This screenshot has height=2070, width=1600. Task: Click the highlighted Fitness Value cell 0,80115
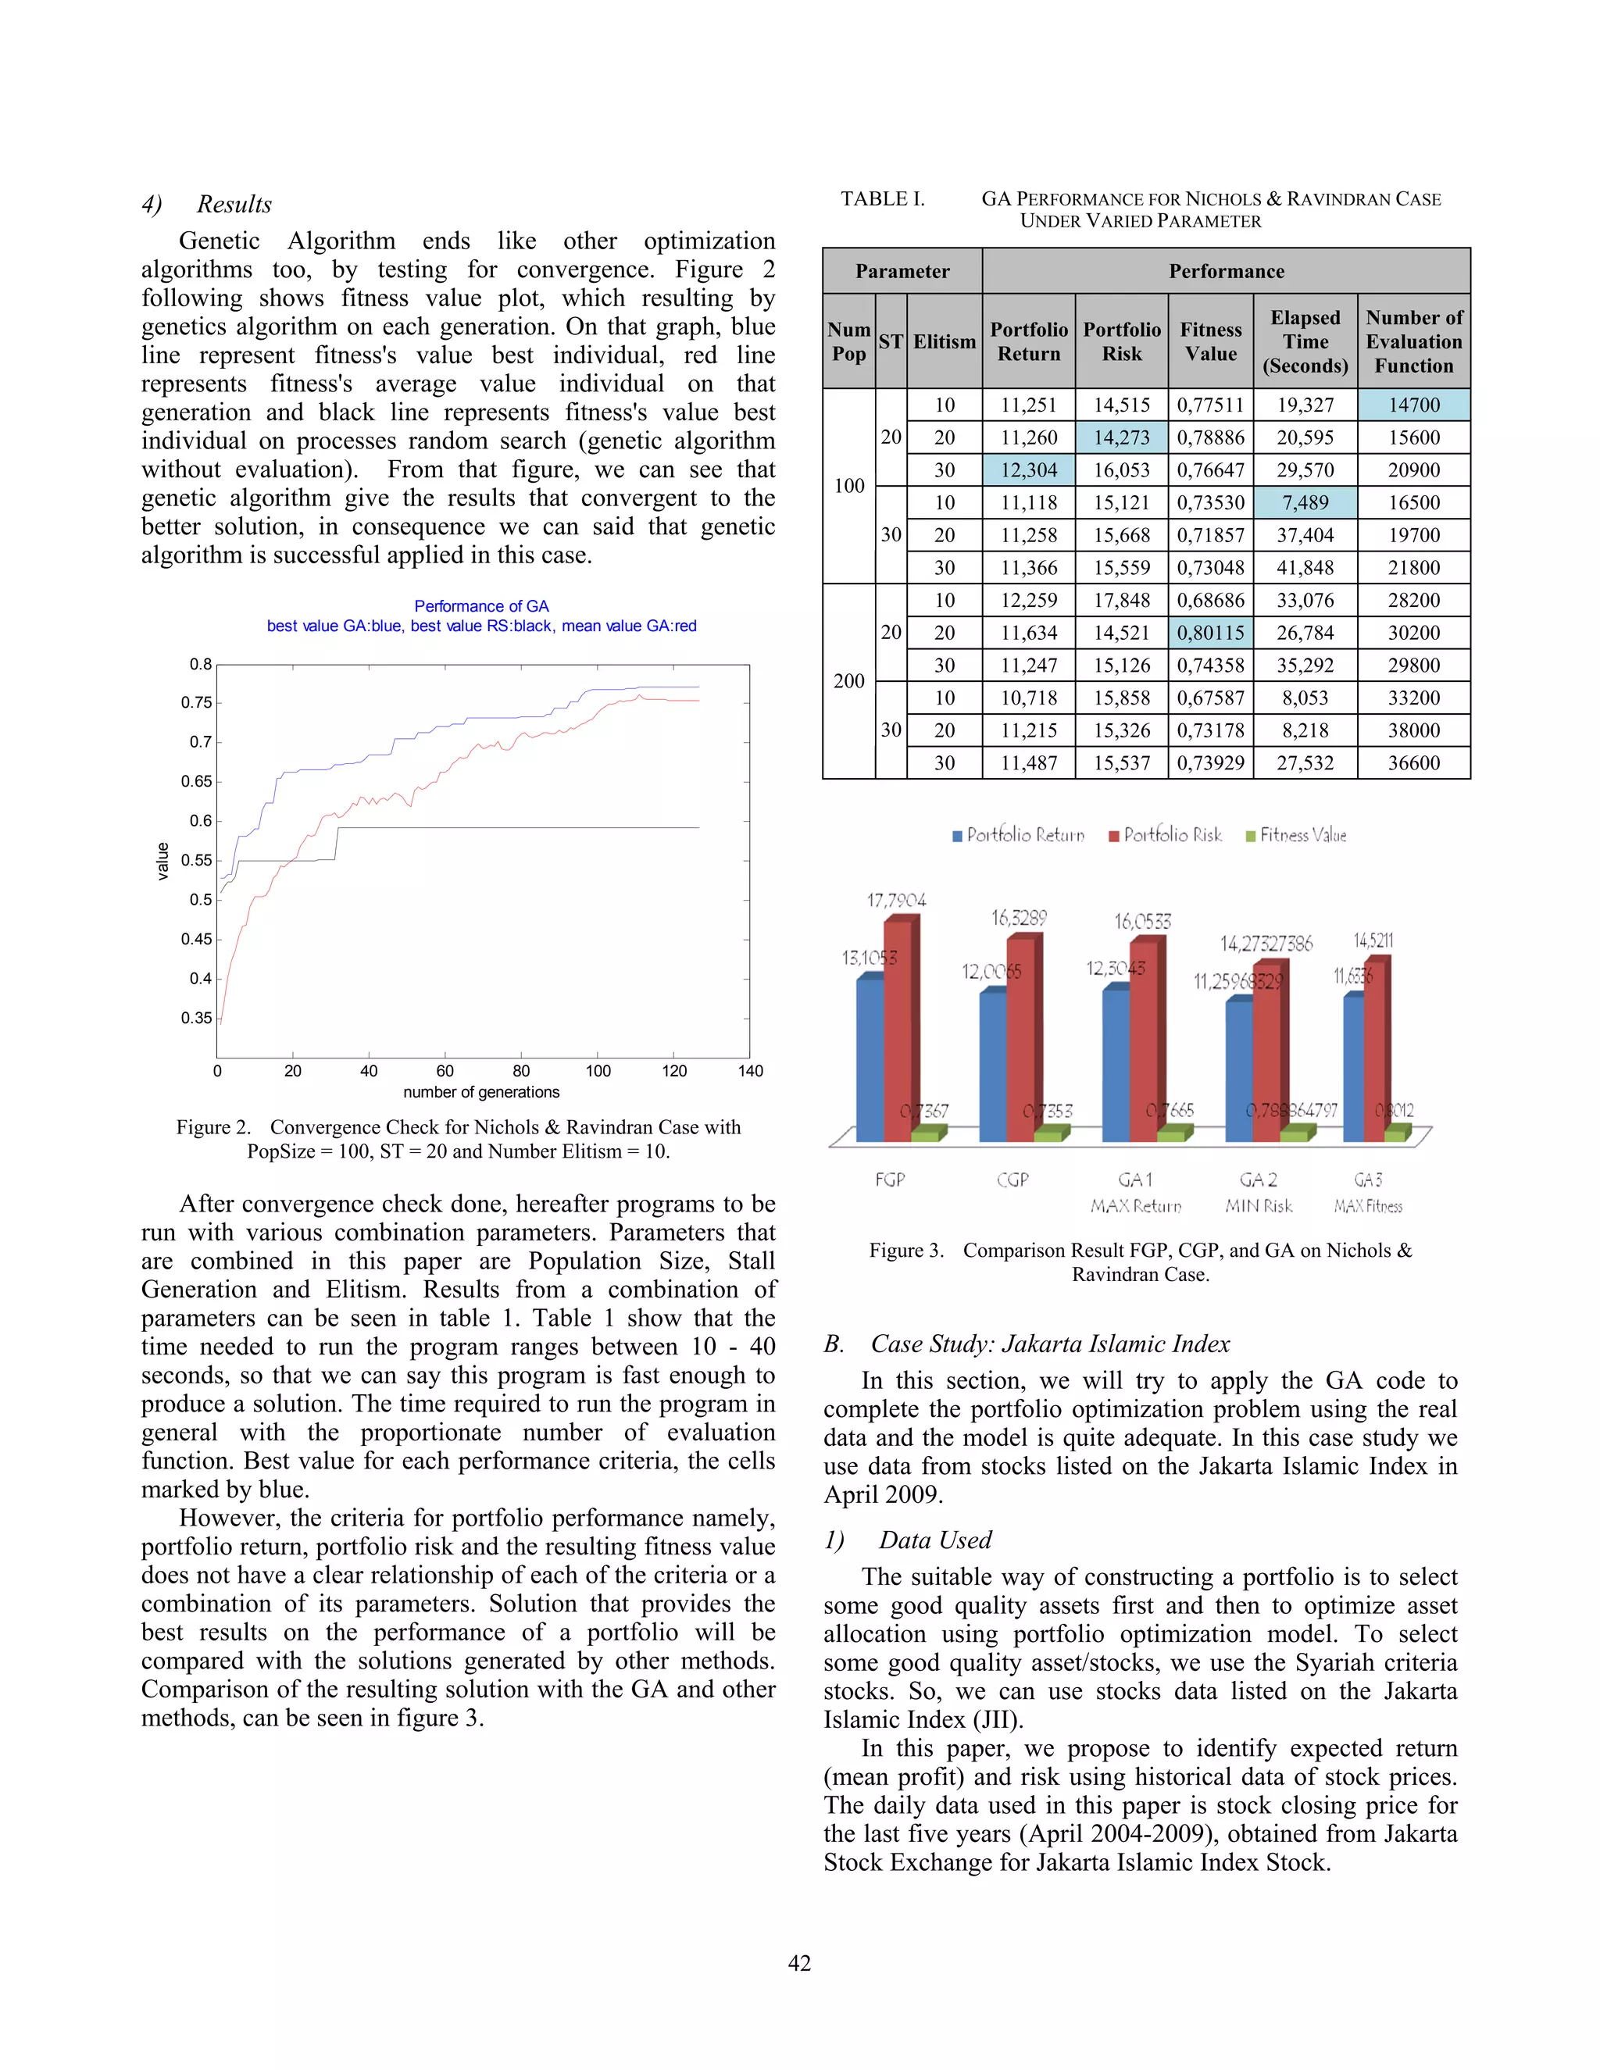1210,632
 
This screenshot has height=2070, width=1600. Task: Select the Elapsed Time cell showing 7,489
1305,502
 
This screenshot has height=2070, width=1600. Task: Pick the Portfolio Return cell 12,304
1028,470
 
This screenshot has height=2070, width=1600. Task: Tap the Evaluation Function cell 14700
1413,405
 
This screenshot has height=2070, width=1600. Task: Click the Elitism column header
944,341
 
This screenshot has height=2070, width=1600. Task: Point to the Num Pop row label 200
848,680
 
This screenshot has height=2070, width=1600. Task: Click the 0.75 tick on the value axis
196,702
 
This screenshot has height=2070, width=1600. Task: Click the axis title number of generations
481,1092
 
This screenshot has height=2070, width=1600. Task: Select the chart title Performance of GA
481,605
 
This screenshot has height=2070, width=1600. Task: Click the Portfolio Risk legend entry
1165,835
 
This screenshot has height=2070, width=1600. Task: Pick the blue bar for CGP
992,1065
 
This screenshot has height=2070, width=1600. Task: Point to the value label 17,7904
896,899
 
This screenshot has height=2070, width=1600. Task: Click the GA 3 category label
1368,1179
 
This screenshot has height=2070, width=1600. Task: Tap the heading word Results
234,204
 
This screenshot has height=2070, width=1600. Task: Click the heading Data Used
934,1540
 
